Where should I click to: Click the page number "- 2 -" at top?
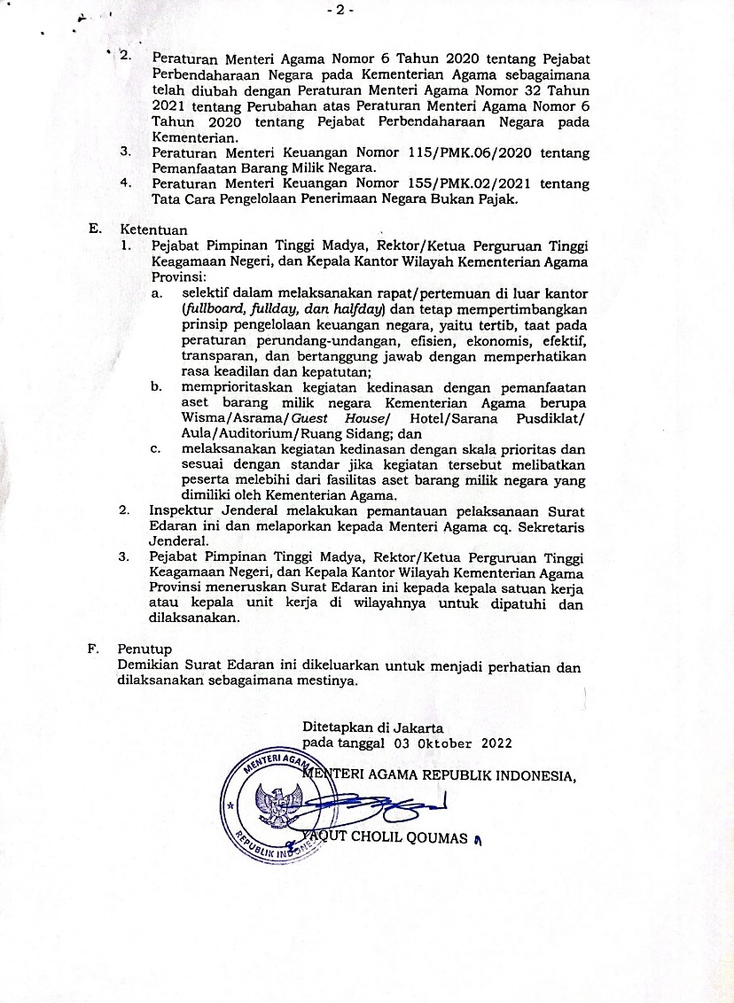340,11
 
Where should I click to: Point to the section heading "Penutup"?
144,649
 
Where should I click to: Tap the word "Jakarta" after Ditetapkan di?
418,727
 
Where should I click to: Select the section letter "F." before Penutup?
94,649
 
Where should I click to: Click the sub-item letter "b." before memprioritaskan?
157,387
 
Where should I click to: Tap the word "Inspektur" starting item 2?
181,511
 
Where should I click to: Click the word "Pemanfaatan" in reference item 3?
192,168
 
